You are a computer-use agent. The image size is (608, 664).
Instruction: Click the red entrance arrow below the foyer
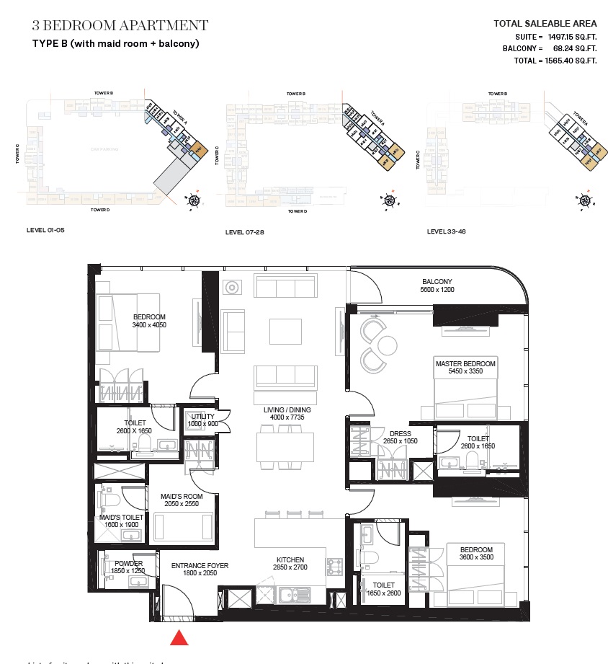pos(179,638)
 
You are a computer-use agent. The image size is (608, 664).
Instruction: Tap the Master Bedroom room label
pos(465,364)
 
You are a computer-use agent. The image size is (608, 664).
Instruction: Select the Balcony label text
pos(437,281)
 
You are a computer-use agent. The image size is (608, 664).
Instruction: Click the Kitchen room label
pos(290,559)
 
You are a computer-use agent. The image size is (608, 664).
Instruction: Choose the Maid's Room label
pos(182,496)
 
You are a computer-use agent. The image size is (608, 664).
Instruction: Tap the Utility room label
pos(202,416)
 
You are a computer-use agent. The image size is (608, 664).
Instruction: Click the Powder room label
pos(128,563)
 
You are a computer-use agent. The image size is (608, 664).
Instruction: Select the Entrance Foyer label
pos(200,566)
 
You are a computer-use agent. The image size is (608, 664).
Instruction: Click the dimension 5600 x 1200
pos(437,290)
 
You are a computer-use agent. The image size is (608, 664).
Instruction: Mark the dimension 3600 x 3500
pos(476,558)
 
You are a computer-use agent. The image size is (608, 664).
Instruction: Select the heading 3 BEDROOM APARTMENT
pos(120,26)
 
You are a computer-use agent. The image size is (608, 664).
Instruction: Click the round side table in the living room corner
pos(233,288)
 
